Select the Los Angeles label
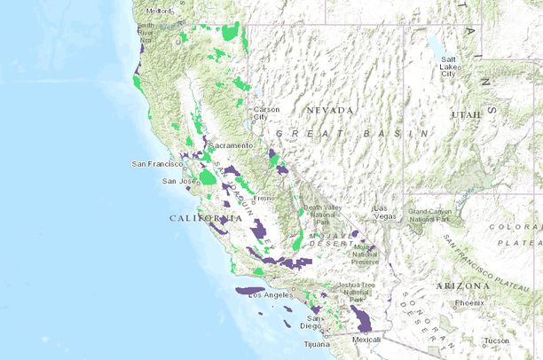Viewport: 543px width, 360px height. tap(269, 294)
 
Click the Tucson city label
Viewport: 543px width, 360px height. tap(497, 340)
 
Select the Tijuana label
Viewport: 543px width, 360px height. tap(317, 343)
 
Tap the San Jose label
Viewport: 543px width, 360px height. tap(177, 181)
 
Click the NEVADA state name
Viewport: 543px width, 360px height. tap(329, 110)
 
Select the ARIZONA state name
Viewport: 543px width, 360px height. tap(463, 286)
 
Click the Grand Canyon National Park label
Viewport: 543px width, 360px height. tap(432, 215)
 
